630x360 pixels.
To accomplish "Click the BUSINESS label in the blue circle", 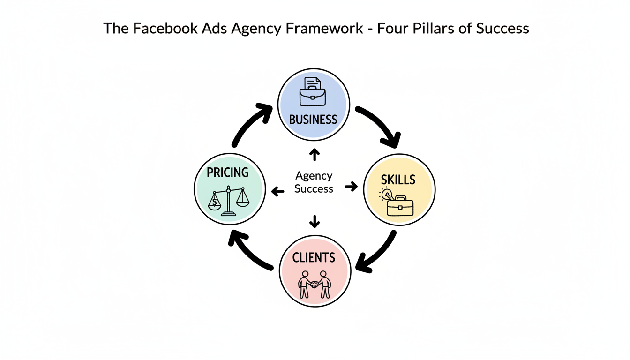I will point(313,119).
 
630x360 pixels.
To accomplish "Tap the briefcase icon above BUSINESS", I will point(313,92).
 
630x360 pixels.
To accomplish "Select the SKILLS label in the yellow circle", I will point(398,180).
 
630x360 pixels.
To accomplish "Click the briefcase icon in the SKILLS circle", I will point(399,205).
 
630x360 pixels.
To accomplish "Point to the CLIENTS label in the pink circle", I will point(314,257).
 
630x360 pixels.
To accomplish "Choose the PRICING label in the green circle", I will point(228,172).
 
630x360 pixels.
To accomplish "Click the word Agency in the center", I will point(314,176).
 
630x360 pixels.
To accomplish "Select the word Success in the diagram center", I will point(314,189).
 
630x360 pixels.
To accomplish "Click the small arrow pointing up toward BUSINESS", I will point(314,155).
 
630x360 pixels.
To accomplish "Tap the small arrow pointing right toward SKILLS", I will point(351,187).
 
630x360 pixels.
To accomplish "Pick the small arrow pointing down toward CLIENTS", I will point(314,220).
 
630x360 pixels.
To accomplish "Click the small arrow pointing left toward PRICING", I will point(278,191).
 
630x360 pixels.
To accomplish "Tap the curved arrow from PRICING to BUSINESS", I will point(248,123).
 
